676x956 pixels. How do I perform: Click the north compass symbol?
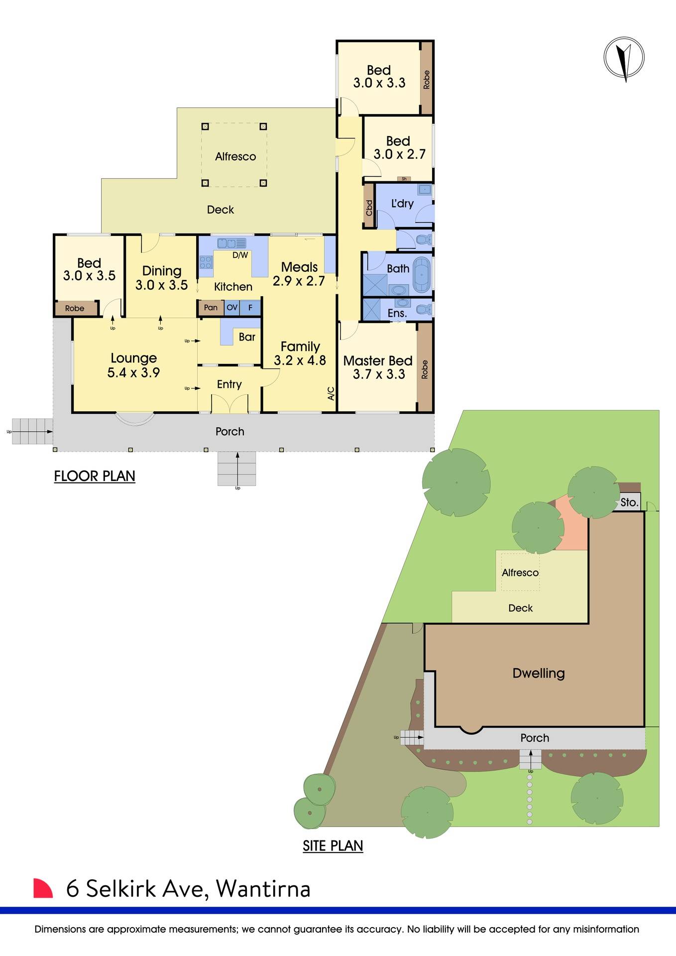tap(624, 58)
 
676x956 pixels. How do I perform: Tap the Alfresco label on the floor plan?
tap(235, 156)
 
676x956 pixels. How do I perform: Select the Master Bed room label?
tap(377, 360)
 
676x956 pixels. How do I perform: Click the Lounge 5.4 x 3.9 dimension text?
tap(133, 372)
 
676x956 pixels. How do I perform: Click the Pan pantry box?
tap(211, 308)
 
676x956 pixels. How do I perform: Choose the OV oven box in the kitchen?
tap(232, 308)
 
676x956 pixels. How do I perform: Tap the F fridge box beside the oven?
tap(250, 308)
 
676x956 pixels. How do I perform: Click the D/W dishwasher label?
tap(240, 255)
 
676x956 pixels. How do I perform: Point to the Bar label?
tap(247, 337)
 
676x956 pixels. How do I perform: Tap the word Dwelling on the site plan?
tap(539, 673)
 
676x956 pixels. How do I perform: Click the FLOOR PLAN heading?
tap(95, 476)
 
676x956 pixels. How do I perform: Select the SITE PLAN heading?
tap(333, 846)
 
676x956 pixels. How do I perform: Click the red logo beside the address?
tap(43, 888)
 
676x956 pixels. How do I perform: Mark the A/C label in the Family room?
tap(331, 394)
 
